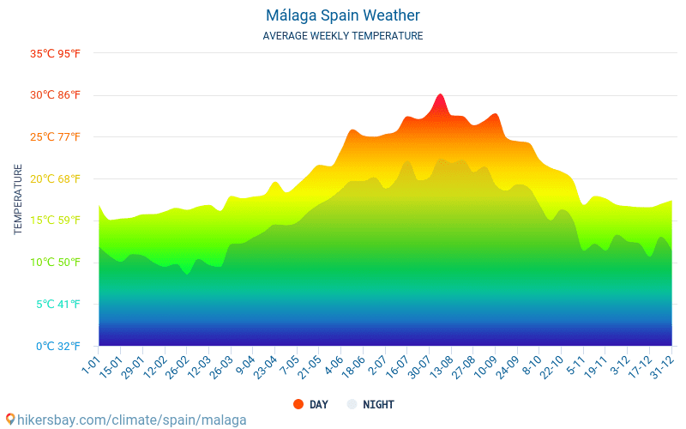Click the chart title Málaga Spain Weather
pyautogui.click(x=343, y=15)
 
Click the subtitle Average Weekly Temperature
pyautogui.click(x=343, y=36)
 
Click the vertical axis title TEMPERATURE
pyautogui.click(x=18, y=199)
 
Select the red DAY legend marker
pyautogui.click(x=298, y=404)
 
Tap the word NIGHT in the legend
pyautogui.click(x=378, y=404)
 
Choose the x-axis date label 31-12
pyautogui.click(x=661, y=366)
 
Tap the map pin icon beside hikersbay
pyautogui.click(x=10, y=420)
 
